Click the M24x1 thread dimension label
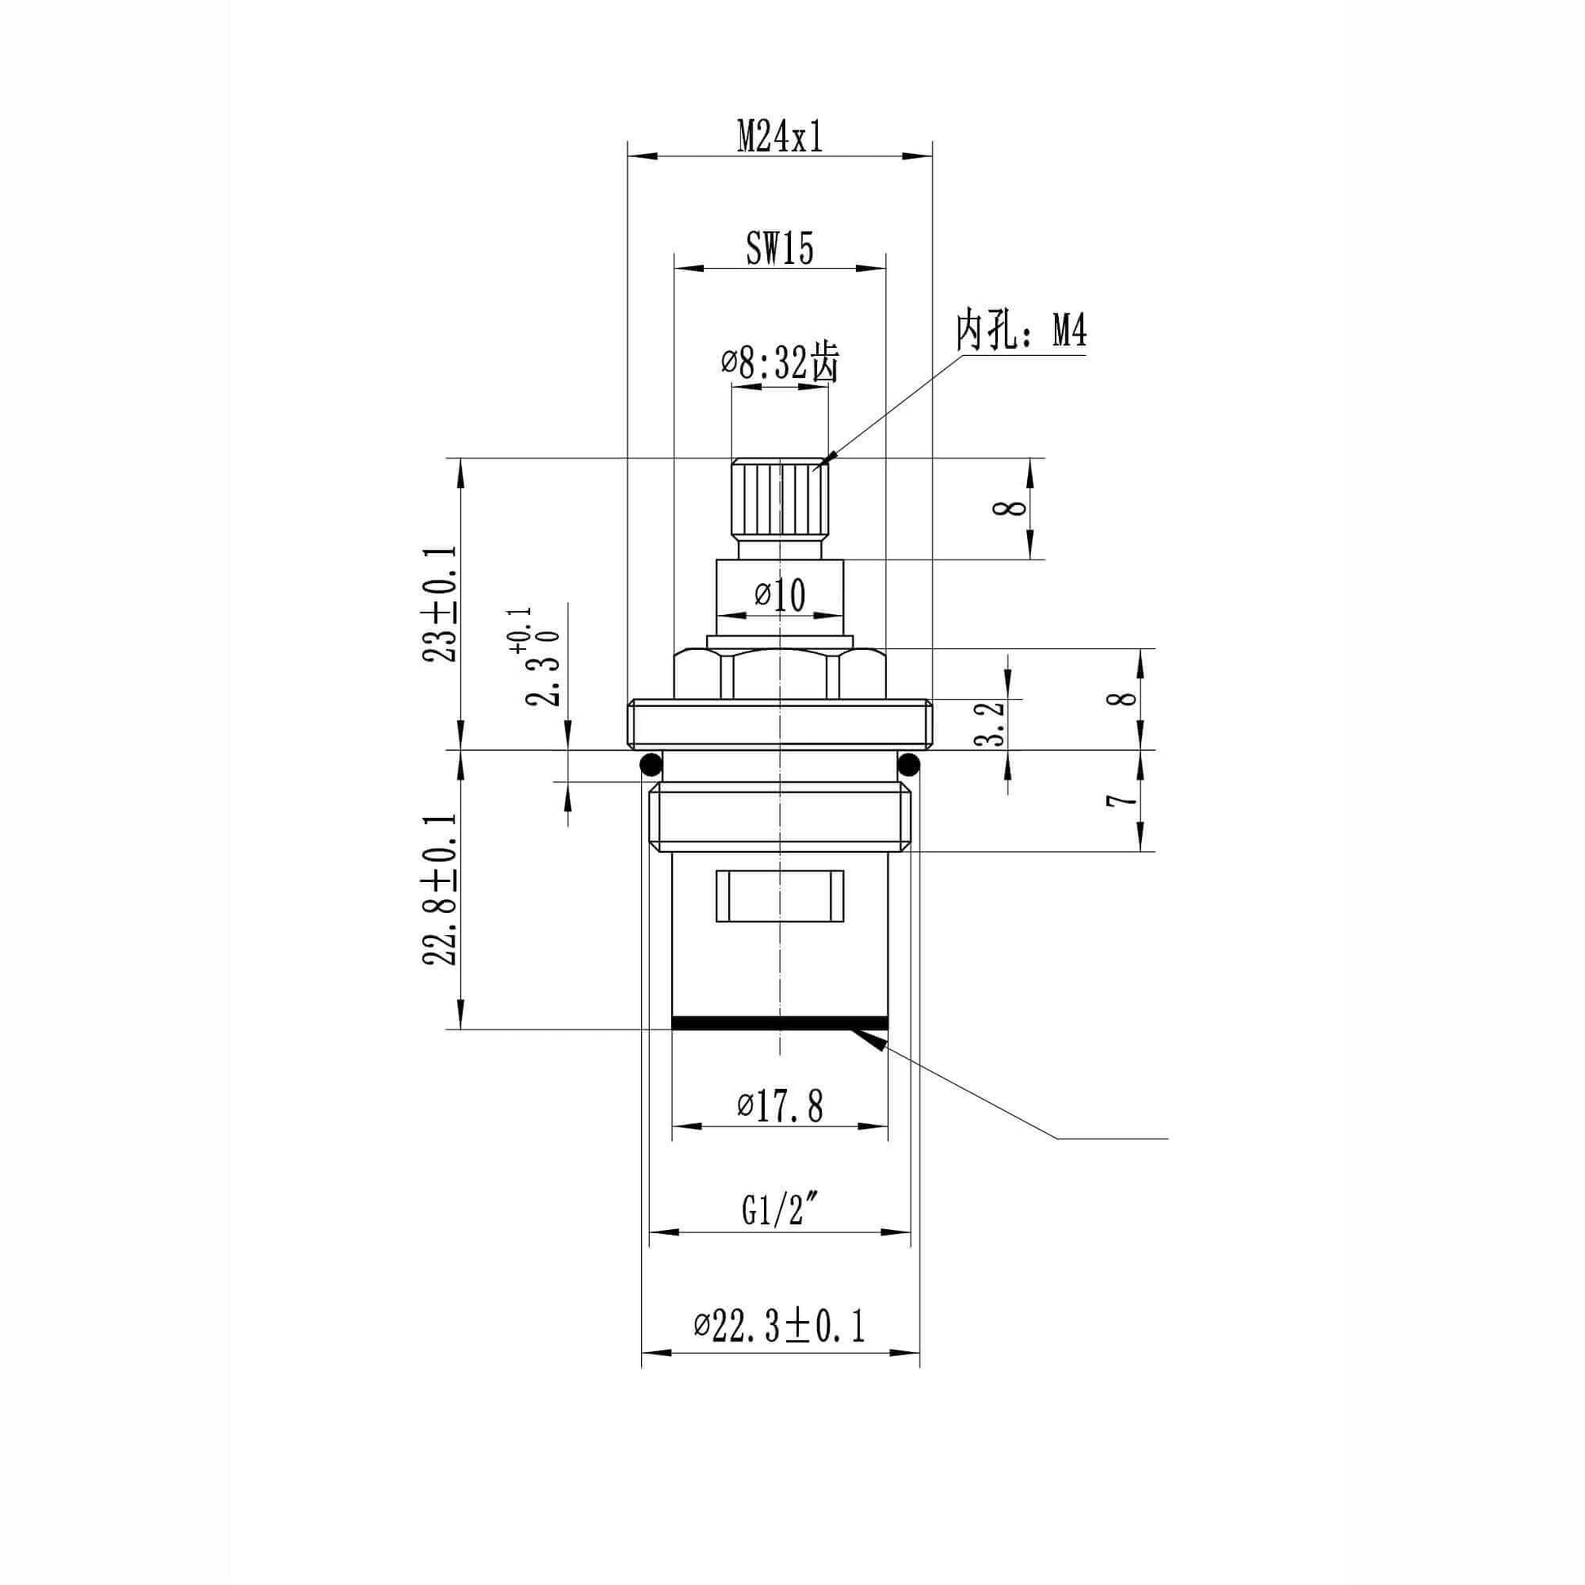[779, 135]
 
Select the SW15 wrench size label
[779, 248]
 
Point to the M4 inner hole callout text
[1021, 333]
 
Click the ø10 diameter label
[780, 595]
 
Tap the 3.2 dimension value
[993, 722]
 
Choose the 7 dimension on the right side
[1123, 800]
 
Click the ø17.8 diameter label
[780, 1107]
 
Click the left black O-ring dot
[651, 765]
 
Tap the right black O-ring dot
[909, 765]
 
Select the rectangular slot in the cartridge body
[779, 895]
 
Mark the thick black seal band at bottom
[779, 1022]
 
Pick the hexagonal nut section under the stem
[779, 674]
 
